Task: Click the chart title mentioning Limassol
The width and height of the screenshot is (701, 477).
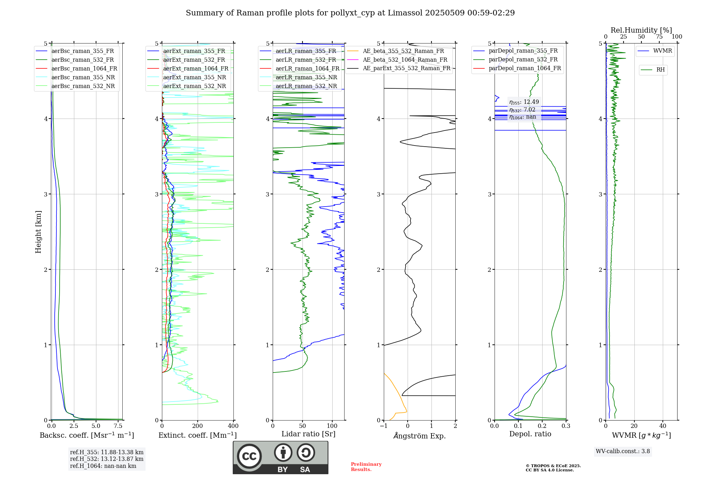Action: click(x=350, y=13)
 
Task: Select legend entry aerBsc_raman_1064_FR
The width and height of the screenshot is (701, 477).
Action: click(x=84, y=69)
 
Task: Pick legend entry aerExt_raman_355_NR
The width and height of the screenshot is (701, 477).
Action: click(x=195, y=78)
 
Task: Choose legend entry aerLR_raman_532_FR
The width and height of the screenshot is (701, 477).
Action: click(x=306, y=60)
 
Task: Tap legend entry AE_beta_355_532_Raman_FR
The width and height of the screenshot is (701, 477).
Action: click(x=403, y=51)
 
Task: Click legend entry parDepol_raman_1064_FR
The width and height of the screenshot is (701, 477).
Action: click(x=525, y=68)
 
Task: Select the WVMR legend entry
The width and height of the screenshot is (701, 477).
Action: click(x=662, y=51)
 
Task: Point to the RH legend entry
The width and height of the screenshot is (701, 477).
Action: click(x=660, y=70)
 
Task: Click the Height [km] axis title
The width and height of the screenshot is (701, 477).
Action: click(x=38, y=232)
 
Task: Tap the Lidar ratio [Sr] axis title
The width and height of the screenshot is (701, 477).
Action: click(x=308, y=434)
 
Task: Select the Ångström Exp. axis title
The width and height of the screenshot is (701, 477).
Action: click(x=420, y=436)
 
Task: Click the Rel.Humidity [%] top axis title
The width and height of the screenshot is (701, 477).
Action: click(x=641, y=30)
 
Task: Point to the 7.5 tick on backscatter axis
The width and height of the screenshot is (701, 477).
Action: click(x=118, y=426)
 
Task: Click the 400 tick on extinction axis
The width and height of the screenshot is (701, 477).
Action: click(x=233, y=426)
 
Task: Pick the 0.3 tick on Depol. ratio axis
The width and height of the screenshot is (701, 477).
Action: click(x=566, y=426)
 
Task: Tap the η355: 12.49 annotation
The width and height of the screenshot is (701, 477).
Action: click(x=524, y=102)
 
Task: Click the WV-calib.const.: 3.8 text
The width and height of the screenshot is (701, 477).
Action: click(x=622, y=451)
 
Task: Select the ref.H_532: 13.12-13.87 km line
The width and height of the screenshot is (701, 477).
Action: click(x=107, y=459)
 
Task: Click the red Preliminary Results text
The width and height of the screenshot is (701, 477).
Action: click(x=366, y=467)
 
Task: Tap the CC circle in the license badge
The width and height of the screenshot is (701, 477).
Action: click(x=249, y=456)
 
